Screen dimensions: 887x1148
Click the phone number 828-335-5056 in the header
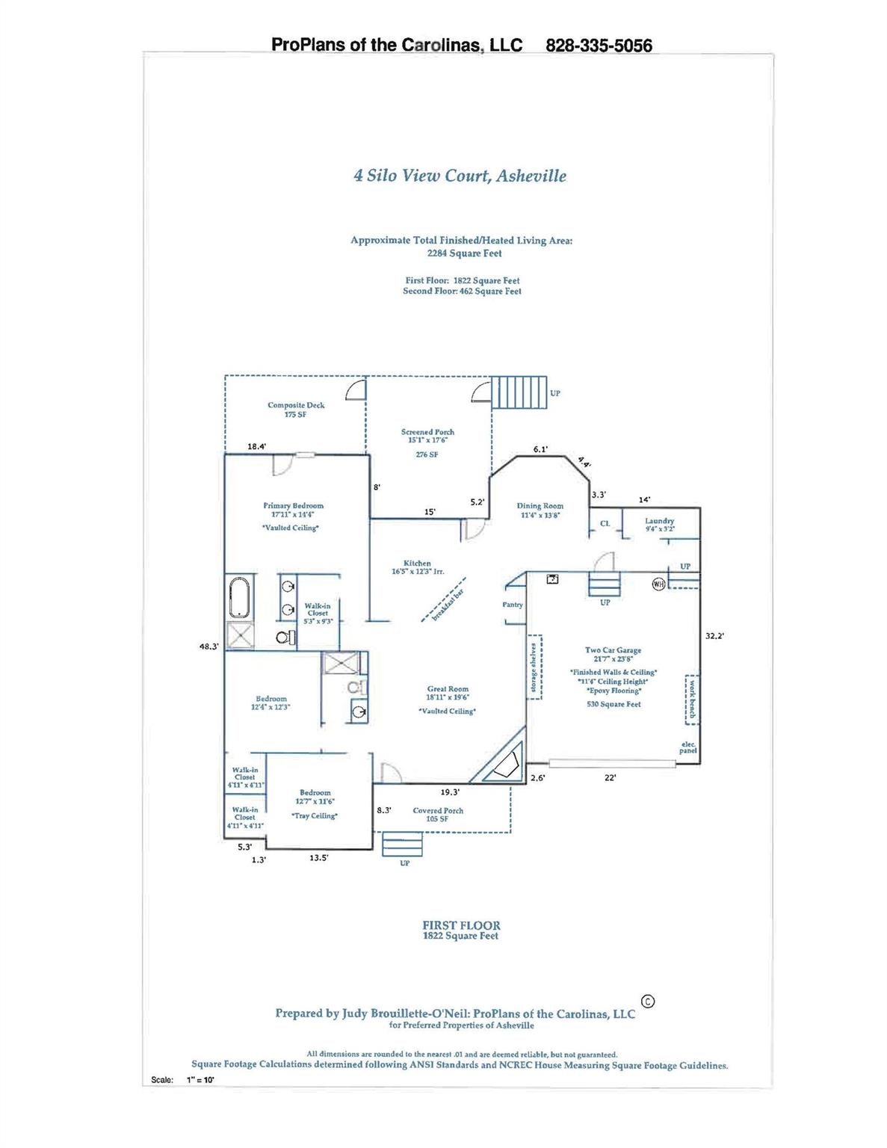pyautogui.click(x=599, y=46)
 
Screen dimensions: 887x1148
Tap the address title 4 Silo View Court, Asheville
pyautogui.click(x=460, y=176)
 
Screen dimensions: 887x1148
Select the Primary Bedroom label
pyautogui.click(x=293, y=506)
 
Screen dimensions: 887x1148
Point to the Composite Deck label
pyautogui.click(x=296, y=406)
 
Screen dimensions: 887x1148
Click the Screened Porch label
pyautogui.click(x=427, y=432)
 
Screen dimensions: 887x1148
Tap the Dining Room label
pyautogui.click(x=540, y=506)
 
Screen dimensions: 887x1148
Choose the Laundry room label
pyautogui.click(x=659, y=521)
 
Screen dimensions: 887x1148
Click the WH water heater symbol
pyautogui.click(x=658, y=584)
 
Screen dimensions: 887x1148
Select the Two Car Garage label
pyautogui.click(x=613, y=650)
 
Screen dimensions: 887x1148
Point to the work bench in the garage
pyautogui.click(x=692, y=700)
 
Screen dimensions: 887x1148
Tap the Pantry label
pyautogui.click(x=513, y=605)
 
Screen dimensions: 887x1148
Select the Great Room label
pyautogui.click(x=448, y=689)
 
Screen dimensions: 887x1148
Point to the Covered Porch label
pyautogui.click(x=438, y=810)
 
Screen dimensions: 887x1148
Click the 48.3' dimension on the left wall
pyautogui.click(x=208, y=646)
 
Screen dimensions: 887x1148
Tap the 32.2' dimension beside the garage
pyautogui.click(x=714, y=636)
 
